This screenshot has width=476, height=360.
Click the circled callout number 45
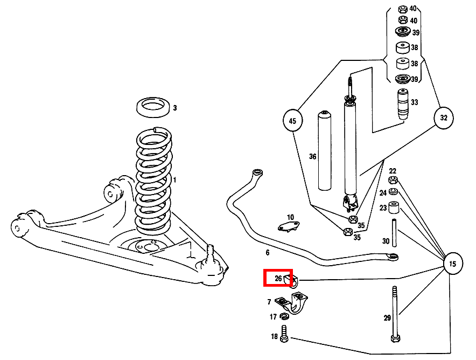292,121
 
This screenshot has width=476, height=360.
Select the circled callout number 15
452,264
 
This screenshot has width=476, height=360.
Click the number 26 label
278,279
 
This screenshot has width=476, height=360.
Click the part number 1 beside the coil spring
174,179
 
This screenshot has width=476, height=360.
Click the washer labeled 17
285,316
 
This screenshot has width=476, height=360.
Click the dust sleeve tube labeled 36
324,151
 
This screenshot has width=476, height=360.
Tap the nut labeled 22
394,181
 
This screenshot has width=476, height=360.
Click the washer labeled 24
394,192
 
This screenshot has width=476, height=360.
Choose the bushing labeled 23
394,207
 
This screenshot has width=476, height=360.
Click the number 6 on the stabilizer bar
267,252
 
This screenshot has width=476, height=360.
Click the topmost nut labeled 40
402,9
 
